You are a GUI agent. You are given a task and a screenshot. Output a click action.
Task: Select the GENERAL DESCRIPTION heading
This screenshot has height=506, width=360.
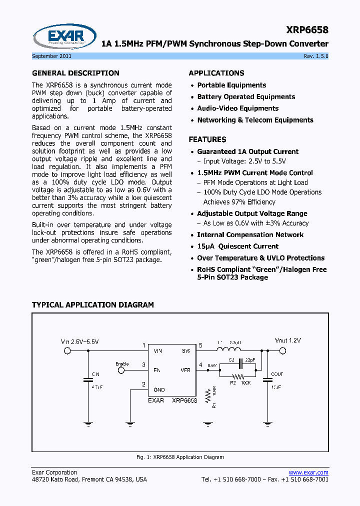[x=75, y=73]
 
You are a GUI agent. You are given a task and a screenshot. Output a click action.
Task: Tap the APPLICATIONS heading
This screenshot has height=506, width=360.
[x=216, y=73]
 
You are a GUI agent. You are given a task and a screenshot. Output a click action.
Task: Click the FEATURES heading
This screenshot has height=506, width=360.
[x=207, y=139]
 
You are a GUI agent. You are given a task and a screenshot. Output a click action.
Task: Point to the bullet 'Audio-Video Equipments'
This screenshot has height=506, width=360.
[x=237, y=108]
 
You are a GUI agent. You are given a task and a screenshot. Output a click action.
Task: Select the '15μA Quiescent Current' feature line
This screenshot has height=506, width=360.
[x=237, y=246]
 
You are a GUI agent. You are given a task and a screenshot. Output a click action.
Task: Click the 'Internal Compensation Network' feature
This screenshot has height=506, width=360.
[x=250, y=235]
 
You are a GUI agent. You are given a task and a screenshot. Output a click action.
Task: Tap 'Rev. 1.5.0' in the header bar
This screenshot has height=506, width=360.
[x=316, y=56]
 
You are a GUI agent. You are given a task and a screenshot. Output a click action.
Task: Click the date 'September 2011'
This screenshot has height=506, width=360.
[x=50, y=56]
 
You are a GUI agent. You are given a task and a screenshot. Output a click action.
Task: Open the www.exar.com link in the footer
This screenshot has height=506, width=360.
[x=308, y=472]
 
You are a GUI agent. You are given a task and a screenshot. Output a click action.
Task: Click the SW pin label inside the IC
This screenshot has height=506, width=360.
[x=185, y=351]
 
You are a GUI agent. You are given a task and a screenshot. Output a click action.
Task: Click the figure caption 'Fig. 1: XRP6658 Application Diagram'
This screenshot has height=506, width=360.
[x=180, y=457]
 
